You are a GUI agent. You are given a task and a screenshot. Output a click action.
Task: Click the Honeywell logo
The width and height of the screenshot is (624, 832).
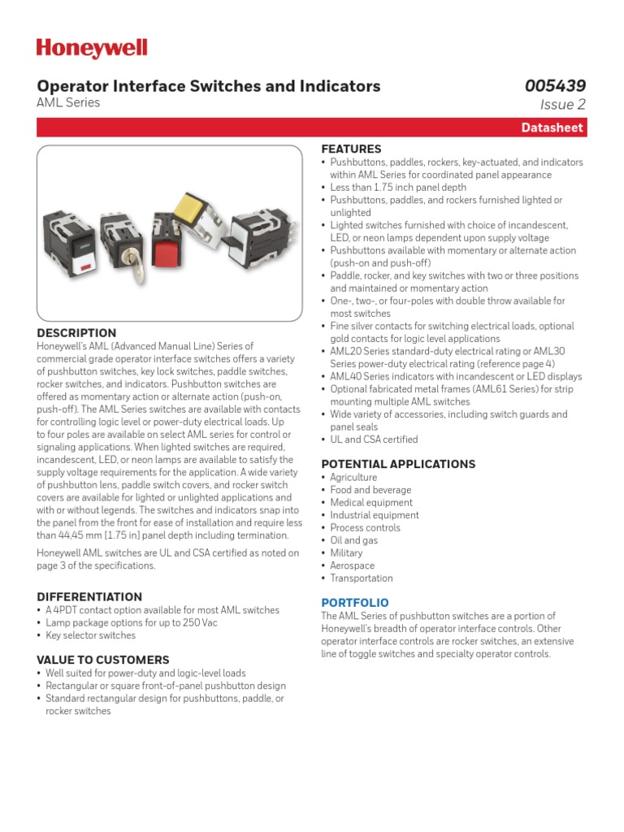pos(92,49)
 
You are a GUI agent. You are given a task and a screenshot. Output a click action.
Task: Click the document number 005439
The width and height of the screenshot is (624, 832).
pos(555,86)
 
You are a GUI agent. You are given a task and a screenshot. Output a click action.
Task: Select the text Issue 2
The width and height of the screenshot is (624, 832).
pos(562,104)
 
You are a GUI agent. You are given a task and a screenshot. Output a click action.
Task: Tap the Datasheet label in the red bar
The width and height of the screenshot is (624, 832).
pos(552,128)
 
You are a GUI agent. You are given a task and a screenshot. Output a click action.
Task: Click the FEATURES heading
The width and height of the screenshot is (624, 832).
pos(351,149)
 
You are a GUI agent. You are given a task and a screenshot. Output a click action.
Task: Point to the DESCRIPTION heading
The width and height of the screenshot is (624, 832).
pos(76,333)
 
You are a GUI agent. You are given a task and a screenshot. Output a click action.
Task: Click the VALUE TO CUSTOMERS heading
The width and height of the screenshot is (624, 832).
pos(103,661)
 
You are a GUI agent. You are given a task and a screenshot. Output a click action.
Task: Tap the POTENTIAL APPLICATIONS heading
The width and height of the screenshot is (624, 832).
pos(398,465)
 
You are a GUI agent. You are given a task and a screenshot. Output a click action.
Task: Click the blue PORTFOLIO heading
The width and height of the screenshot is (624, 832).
pos(354,603)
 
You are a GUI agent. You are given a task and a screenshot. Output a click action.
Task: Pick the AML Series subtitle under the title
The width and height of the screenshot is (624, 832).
pos(69,103)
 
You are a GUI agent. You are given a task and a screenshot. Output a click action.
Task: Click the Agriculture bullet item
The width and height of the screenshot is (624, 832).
pos(353,478)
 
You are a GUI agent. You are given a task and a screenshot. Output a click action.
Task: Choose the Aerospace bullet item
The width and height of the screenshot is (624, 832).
pos(352,565)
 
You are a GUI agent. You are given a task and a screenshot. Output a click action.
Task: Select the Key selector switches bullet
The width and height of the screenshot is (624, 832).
pos(90,635)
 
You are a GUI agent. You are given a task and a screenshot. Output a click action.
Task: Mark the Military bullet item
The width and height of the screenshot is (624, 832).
pos(346,553)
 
